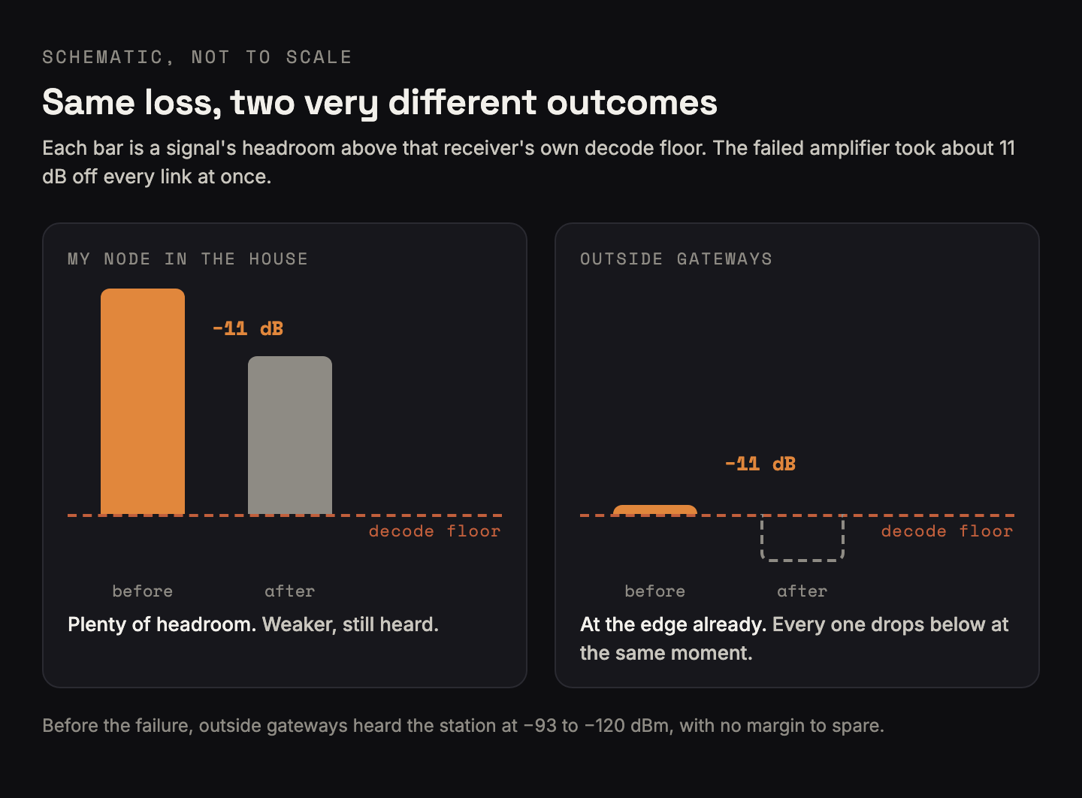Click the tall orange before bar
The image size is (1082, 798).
pos(143,402)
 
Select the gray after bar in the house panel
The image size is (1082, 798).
pos(290,436)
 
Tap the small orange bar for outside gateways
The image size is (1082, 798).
pos(655,510)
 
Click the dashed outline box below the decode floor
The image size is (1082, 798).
pos(802,561)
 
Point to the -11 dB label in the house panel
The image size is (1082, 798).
pos(248,329)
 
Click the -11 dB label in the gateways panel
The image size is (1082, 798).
pos(760,464)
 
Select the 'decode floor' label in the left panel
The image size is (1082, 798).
pos(435,531)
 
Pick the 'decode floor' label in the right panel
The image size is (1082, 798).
pos(948,531)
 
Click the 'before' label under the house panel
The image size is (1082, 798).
pos(143,591)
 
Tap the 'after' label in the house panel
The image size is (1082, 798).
pos(290,591)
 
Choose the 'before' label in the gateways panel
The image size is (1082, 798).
pos(655,591)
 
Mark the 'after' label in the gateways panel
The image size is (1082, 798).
pos(802,591)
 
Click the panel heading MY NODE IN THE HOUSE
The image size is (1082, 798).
pos(187,259)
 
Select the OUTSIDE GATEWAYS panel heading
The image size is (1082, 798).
pos(676,259)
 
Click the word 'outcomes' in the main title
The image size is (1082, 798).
pos(632,103)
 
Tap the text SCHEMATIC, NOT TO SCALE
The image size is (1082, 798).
pos(197,57)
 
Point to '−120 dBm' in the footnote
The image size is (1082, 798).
pos(626,726)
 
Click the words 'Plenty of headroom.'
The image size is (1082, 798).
pos(162,624)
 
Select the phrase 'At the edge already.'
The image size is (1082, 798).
pos(673,624)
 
